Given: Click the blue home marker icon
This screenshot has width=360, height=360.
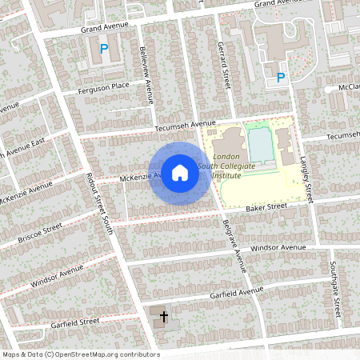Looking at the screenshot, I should pos(180,173).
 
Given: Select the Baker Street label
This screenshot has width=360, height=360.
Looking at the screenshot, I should pos(266,207).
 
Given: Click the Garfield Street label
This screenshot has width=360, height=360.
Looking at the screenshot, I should pos(74,322).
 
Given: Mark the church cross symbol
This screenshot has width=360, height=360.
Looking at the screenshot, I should pos(164,317).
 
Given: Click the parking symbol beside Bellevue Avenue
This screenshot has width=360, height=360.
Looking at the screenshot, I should pos(103,50).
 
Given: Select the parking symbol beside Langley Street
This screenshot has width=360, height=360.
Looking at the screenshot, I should pos(280,78).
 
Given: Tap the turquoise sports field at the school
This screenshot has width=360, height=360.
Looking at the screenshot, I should pos(261,145).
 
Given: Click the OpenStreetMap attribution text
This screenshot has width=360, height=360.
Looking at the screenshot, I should pos(80,354).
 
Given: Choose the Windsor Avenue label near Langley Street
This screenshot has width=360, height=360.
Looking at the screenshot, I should pos(278,249).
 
